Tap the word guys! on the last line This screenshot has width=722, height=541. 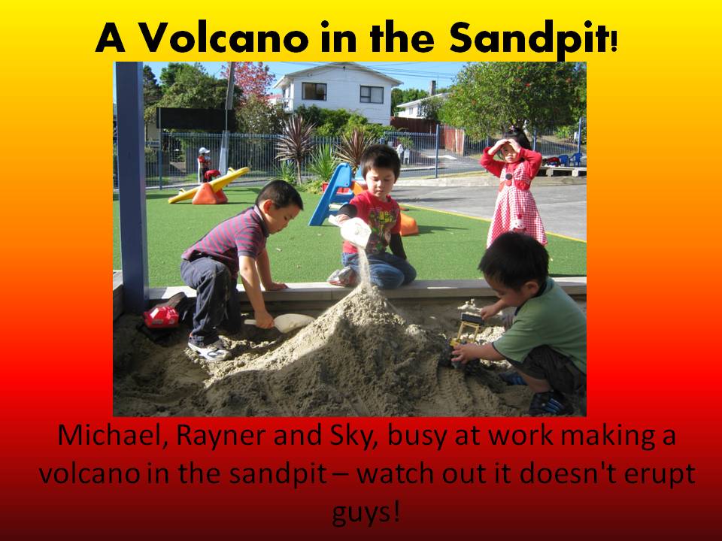pos(366,512)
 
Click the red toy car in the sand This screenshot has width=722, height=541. pos(162,316)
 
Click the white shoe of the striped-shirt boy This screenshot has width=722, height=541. pos(210,349)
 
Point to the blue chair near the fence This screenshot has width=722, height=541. pos(575,159)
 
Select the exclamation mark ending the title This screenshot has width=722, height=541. pos(614,41)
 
